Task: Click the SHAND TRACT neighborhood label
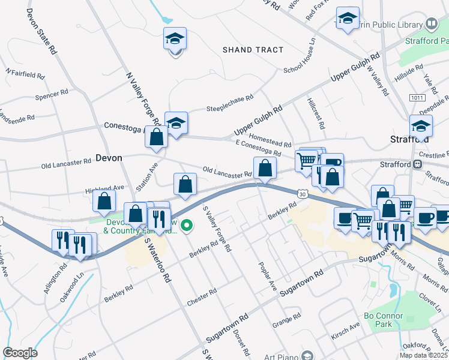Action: [253, 50]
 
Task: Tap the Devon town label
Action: [109, 158]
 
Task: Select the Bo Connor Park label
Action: [385, 319]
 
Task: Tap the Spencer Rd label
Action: [52, 95]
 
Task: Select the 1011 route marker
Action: [417, 97]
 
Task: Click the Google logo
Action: [20, 352]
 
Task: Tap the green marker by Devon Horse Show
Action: [187, 226]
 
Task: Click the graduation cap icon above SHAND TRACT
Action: [175, 38]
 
